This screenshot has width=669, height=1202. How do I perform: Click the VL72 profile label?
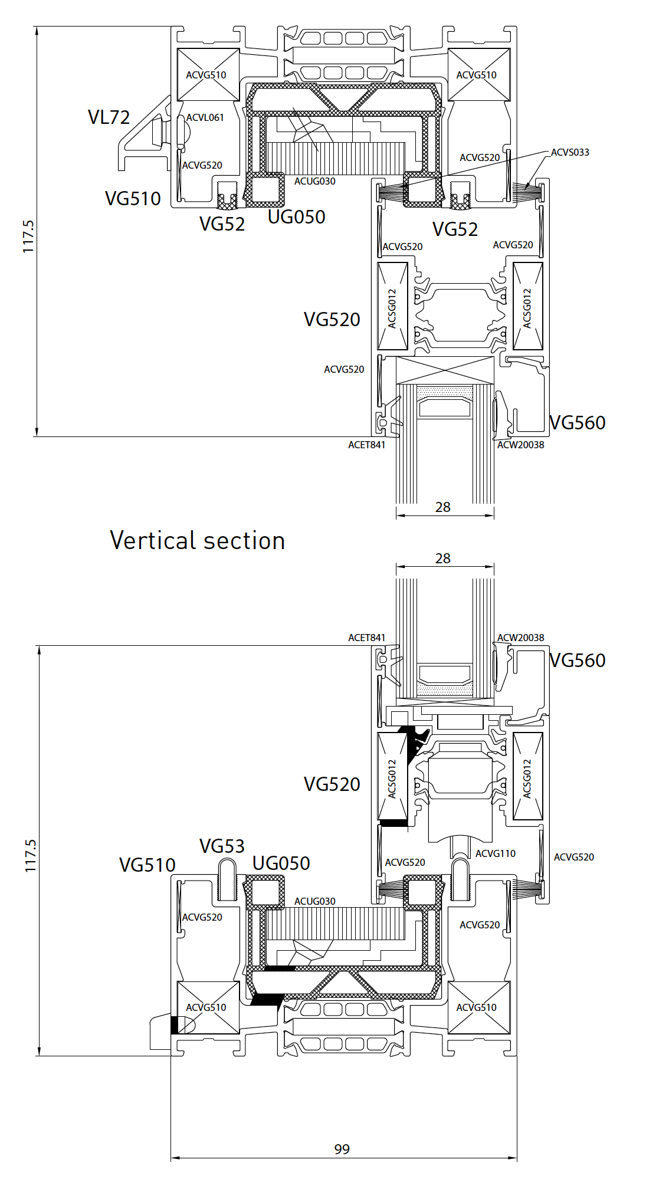point(109,117)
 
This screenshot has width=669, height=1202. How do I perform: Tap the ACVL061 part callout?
point(205,117)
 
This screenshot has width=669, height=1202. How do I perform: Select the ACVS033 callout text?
point(569,152)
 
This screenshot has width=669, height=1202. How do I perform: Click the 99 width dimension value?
point(342,1149)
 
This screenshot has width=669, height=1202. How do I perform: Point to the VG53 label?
point(222,846)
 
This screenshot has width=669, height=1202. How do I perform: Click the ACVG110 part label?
point(495,853)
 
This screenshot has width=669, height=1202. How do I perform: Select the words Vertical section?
point(197,540)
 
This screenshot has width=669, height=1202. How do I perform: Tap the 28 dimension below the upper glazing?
point(442,507)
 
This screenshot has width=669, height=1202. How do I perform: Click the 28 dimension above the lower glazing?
point(442,559)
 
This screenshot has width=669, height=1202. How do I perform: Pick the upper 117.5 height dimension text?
point(28,237)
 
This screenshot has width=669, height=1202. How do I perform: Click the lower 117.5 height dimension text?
point(31,856)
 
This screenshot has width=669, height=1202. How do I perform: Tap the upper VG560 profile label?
point(577,422)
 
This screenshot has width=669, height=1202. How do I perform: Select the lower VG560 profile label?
point(577,660)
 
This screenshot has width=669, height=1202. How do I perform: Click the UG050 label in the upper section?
point(296,217)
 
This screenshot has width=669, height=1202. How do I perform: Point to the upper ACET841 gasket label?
point(366,445)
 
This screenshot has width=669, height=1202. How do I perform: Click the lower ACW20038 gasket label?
point(520,638)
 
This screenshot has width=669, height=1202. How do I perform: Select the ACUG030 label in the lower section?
point(314,901)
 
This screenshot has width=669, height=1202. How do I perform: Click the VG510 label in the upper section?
point(133,199)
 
